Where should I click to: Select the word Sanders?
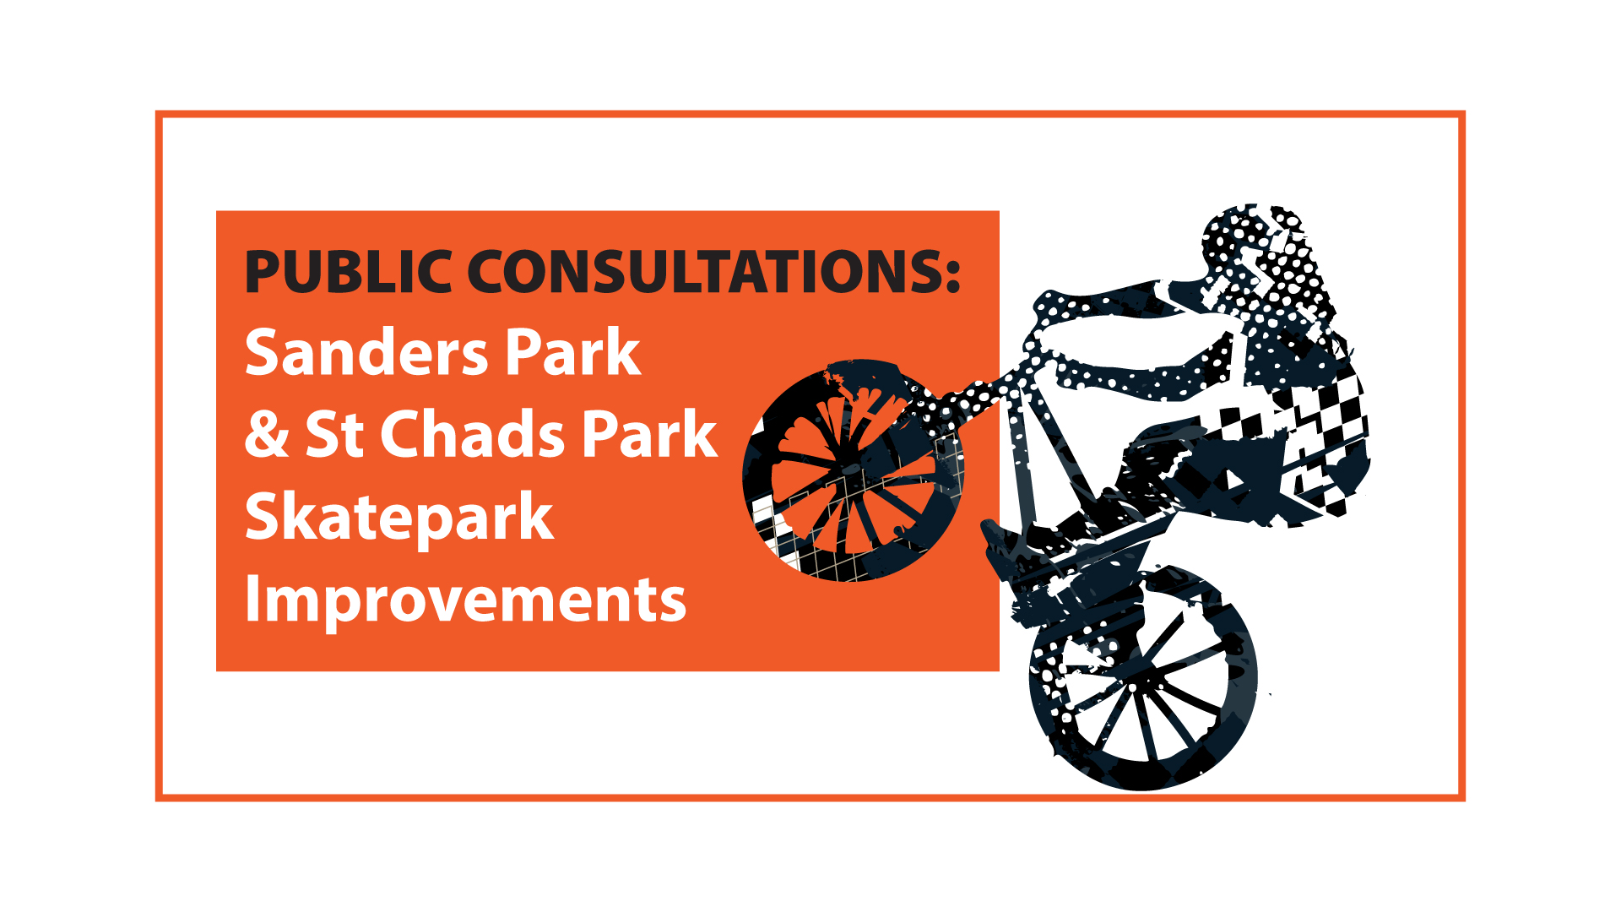tap(366, 352)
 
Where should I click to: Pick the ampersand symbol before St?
tap(267, 434)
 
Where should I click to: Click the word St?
tap(333, 434)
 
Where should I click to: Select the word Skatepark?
tap(398, 518)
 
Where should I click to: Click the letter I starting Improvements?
tap(252, 600)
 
